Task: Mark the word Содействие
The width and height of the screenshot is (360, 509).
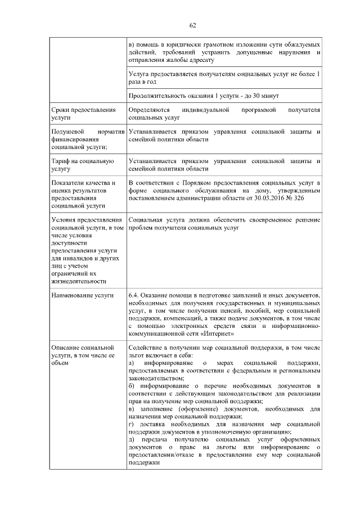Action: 146,348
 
